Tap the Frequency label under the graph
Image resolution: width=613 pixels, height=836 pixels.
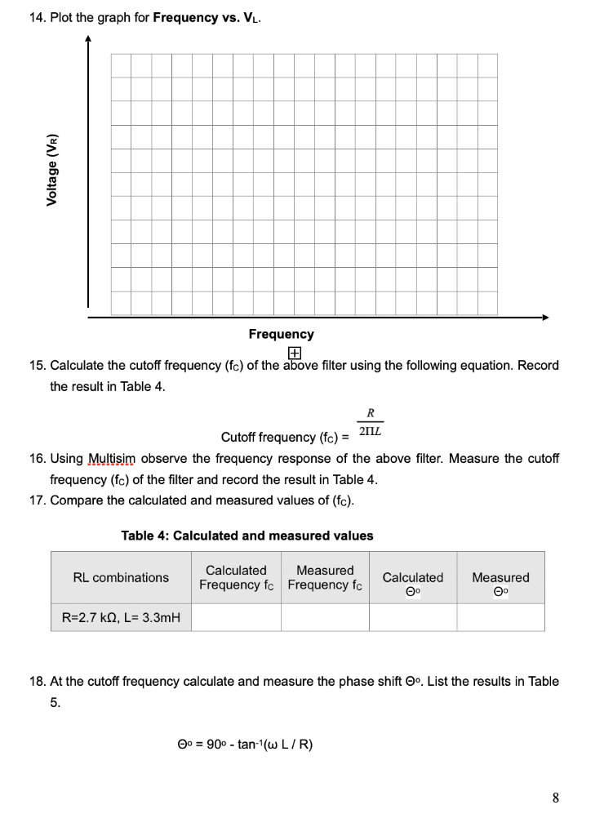click(281, 334)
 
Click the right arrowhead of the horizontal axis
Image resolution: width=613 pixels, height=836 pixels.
click(545, 317)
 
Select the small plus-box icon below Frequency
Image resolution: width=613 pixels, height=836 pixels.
click(294, 353)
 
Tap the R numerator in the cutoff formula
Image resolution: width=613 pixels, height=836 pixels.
click(370, 413)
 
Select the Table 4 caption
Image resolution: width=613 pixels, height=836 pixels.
click(247, 536)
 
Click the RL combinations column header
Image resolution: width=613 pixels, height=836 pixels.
click(121, 577)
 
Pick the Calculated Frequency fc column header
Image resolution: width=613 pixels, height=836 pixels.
click(236, 577)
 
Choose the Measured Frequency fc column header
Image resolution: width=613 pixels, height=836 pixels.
click(325, 577)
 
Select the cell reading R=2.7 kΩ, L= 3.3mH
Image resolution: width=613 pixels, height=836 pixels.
click(121, 618)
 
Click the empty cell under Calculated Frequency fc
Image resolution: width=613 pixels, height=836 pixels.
click(236, 618)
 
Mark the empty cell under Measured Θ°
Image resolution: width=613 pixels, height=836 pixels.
click(500, 618)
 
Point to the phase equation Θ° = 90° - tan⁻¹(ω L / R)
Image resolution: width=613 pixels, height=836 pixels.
click(245, 744)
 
